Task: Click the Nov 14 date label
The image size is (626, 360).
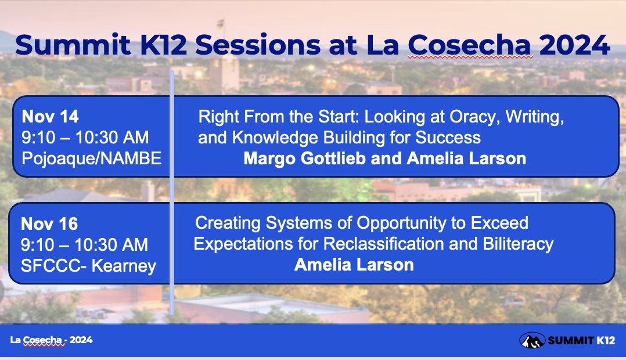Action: tap(51, 117)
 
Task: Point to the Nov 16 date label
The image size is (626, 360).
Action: tap(49, 224)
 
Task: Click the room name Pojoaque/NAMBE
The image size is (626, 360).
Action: tap(91, 159)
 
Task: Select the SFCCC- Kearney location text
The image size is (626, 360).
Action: tap(88, 266)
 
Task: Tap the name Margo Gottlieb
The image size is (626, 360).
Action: tap(305, 159)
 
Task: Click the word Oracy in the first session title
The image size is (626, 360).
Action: tap(474, 117)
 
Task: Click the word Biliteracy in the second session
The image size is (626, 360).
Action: tap(518, 244)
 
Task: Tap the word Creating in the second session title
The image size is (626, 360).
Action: tap(228, 223)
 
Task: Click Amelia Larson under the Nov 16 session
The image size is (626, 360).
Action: tap(354, 265)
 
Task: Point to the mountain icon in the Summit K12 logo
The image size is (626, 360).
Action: tap(532, 340)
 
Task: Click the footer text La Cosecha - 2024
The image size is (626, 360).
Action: tap(51, 340)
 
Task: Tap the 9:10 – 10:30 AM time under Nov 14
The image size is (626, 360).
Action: tap(85, 138)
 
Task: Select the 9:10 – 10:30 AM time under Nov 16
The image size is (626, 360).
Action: tap(84, 244)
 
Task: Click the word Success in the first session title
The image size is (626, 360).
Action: tap(448, 138)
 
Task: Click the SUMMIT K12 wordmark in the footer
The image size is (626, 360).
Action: tap(581, 340)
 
